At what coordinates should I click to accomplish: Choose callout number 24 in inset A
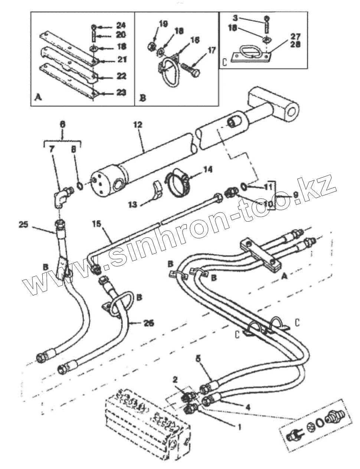click(x=121, y=26)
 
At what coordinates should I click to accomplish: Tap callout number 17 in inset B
click(x=212, y=52)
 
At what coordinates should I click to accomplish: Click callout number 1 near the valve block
click(x=239, y=427)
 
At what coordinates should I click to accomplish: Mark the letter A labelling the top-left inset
click(x=37, y=98)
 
